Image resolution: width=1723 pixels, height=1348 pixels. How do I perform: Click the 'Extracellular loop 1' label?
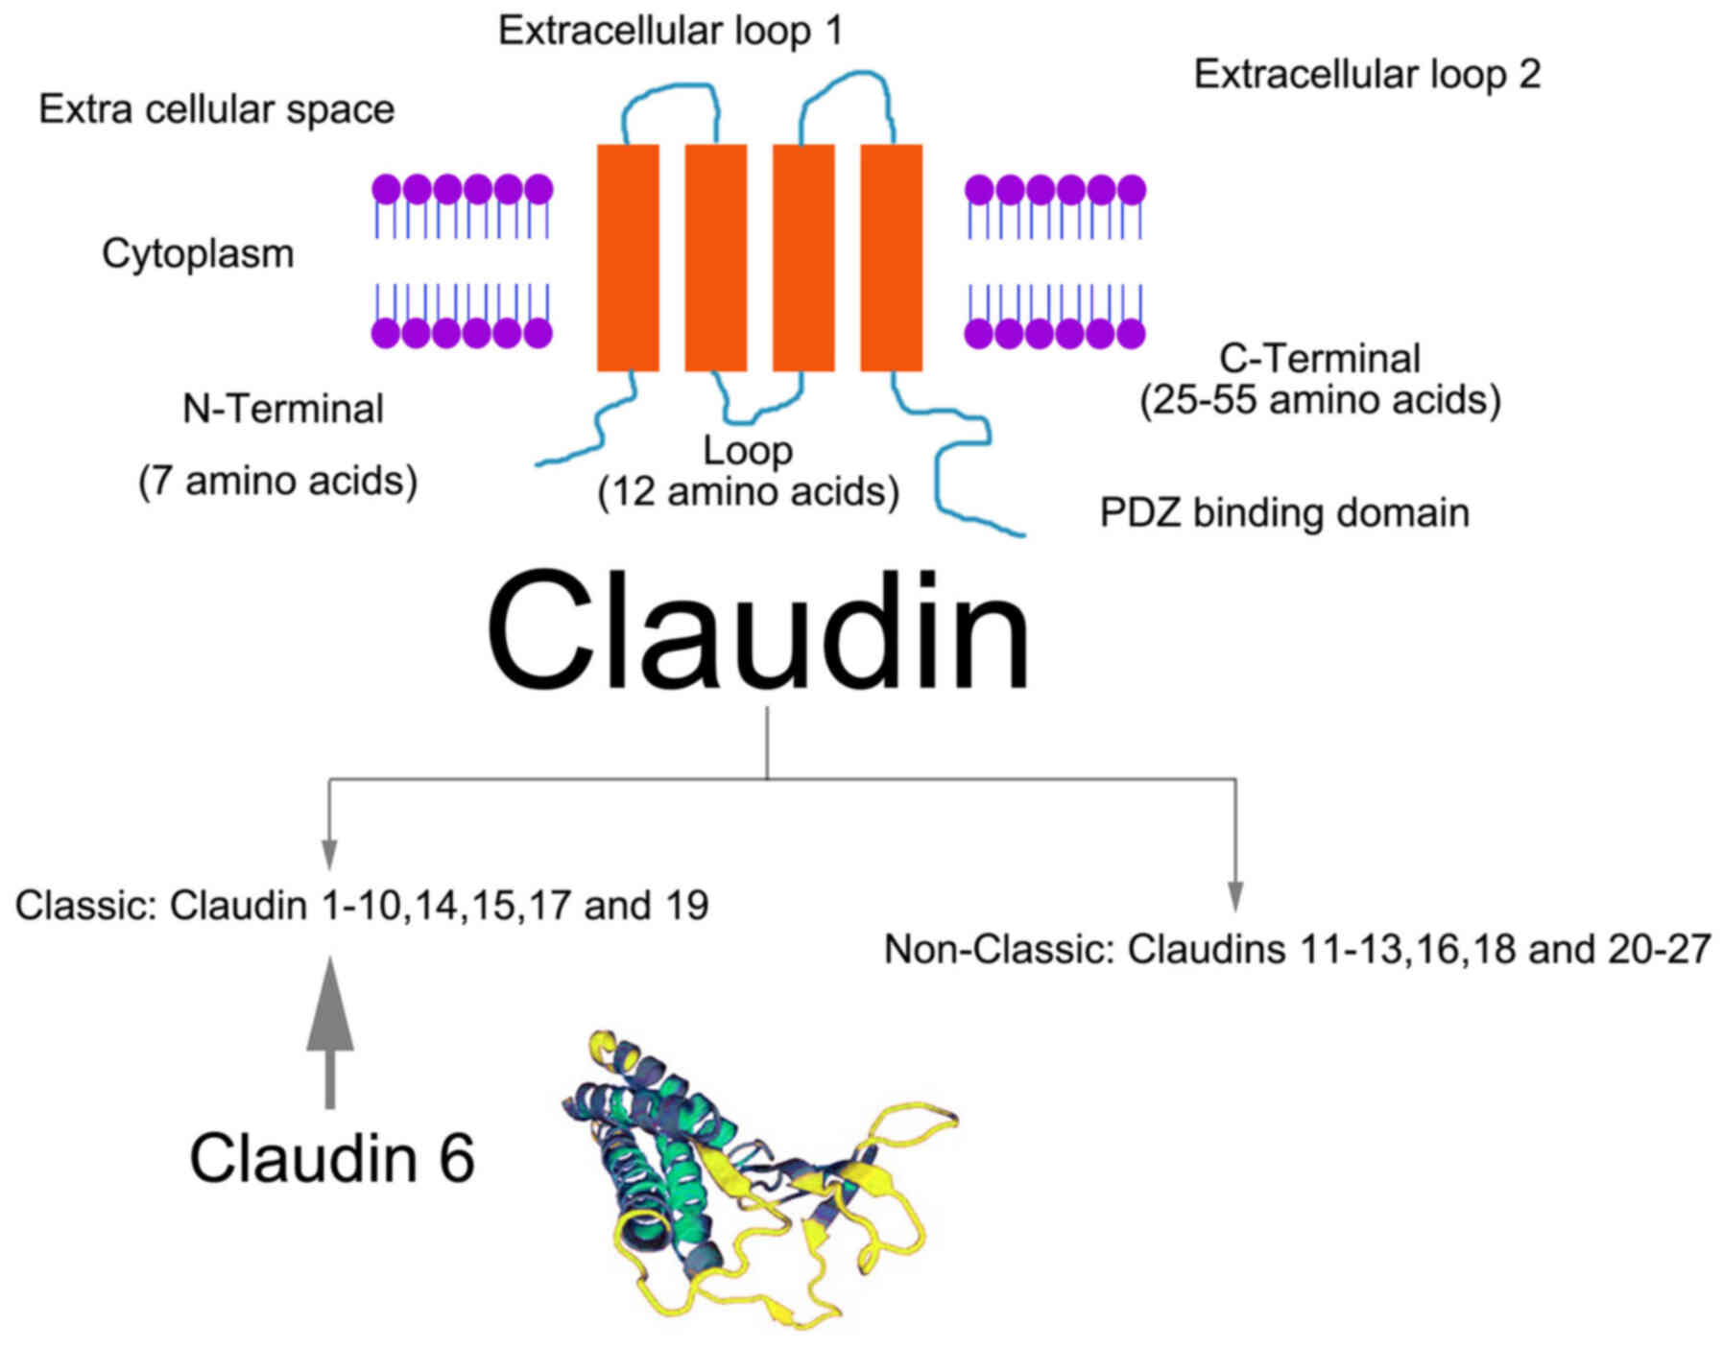coord(670,31)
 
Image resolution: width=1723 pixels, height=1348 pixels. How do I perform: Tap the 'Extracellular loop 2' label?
coord(1366,75)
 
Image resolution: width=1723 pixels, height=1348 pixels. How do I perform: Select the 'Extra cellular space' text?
coord(216,109)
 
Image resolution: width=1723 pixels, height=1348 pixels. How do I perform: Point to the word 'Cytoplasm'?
coord(198,254)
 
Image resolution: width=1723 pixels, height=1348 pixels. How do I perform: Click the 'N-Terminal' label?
coord(283,410)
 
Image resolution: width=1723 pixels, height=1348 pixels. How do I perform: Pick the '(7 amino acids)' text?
coord(277,481)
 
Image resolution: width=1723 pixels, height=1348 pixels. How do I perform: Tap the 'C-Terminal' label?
coord(1320,359)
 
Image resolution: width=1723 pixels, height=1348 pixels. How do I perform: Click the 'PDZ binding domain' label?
coord(1283,513)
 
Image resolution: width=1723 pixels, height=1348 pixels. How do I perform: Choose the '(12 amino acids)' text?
coord(749,492)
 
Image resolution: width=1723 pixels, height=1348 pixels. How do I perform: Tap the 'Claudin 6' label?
coord(332,1158)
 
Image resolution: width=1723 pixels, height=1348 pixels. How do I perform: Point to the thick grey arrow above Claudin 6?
coord(330,1036)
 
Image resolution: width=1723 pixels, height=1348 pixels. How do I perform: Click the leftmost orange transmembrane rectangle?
coord(628,257)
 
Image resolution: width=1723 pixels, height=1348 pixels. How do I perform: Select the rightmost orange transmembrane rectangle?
coord(891,257)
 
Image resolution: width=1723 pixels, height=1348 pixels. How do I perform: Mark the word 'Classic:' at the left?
coord(85,906)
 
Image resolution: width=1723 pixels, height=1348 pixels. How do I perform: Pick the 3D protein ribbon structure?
coord(758,1180)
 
